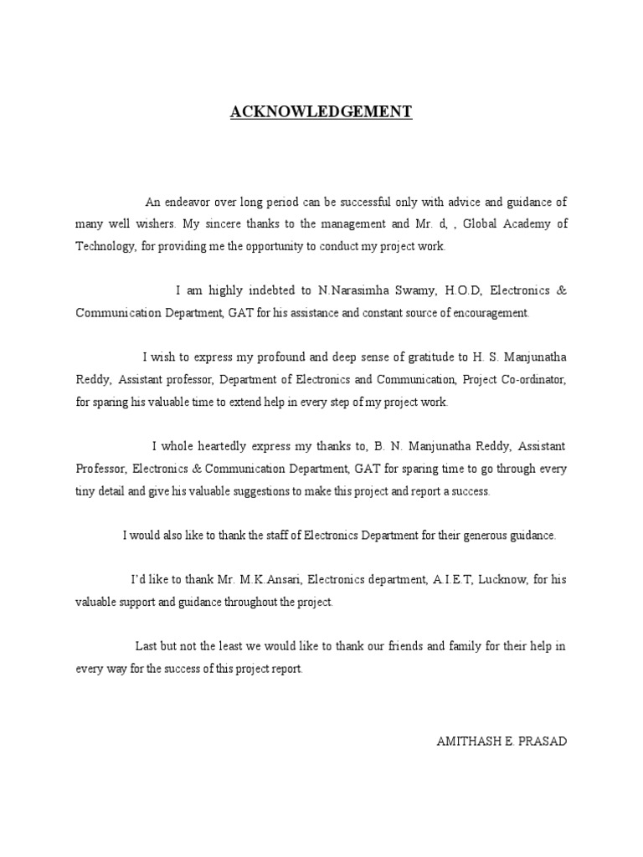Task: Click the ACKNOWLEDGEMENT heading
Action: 321,111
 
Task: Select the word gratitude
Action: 470,357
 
